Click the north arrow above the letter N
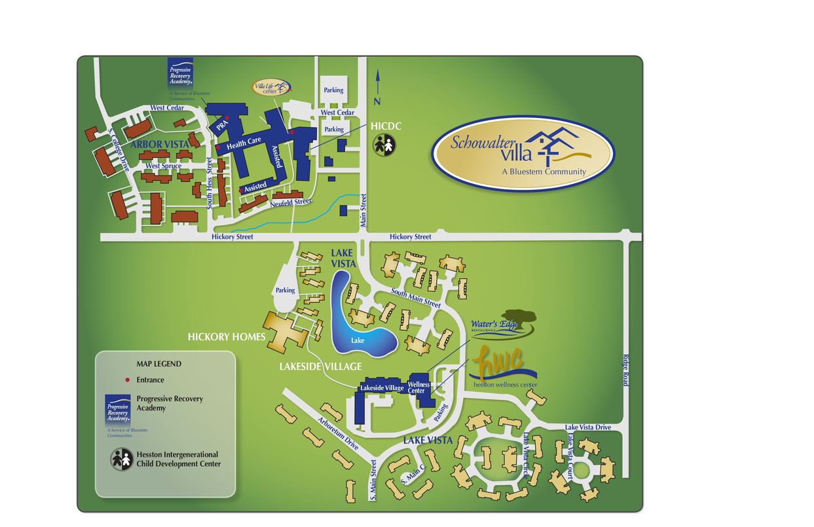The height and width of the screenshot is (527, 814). click(x=377, y=82)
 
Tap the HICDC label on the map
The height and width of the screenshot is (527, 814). click(x=386, y=126)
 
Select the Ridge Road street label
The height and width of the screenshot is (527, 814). click(x=625, y=370)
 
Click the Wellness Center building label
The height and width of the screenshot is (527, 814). click(x=419, y=388)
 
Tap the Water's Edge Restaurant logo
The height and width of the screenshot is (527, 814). click(x=503, y=323)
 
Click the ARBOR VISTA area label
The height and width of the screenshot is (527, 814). click(x=160, y=144)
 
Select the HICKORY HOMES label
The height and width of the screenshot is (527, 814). click(x=227, y=336)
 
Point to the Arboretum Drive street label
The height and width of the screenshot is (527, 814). click(x=339, y=433)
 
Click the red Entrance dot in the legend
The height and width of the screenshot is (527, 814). click(x=127, y=380)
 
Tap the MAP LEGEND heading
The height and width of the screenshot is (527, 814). click(x=158, y=364)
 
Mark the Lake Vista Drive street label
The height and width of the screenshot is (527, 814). click(x=588, y=427)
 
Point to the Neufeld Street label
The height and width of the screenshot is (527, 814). click(x=291, y=203)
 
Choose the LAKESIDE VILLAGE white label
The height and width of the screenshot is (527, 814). click(x=311, y=366)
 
